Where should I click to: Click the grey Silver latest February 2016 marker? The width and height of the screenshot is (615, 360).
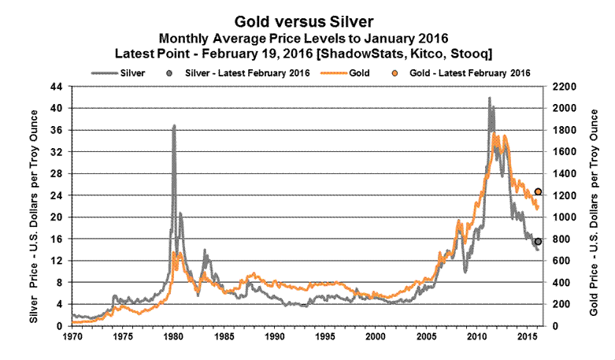point(538,242)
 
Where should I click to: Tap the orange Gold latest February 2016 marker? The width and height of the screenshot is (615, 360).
point(538,191)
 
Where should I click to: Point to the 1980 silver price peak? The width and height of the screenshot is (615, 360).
point(173,126)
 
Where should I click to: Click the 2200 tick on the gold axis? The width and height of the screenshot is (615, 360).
point(565,86)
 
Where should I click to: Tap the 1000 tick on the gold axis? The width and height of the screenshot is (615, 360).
point(565,217)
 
